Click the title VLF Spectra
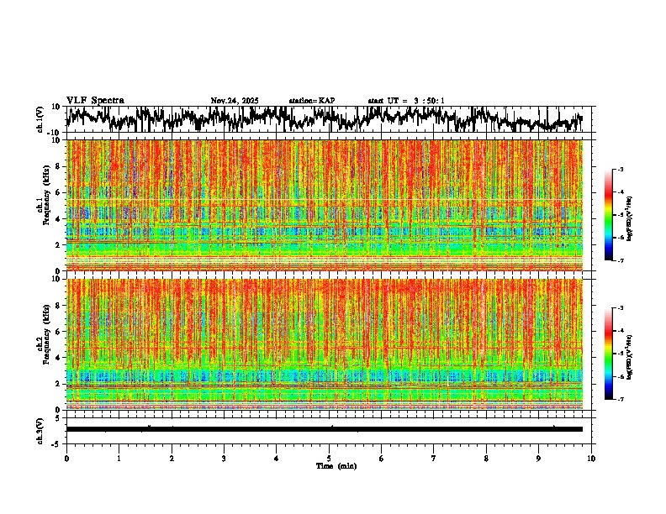(95, 101)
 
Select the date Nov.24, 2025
(235, 101)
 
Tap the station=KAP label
(312, 101)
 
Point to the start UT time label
(406, 101)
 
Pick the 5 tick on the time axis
(329, 459)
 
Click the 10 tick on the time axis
(591, 459)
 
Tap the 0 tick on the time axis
(66, 459)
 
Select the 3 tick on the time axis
(224, 459)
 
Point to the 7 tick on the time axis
(434, 459)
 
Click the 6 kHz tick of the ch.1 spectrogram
(59, 192)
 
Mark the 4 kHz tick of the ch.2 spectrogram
(59, 357)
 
